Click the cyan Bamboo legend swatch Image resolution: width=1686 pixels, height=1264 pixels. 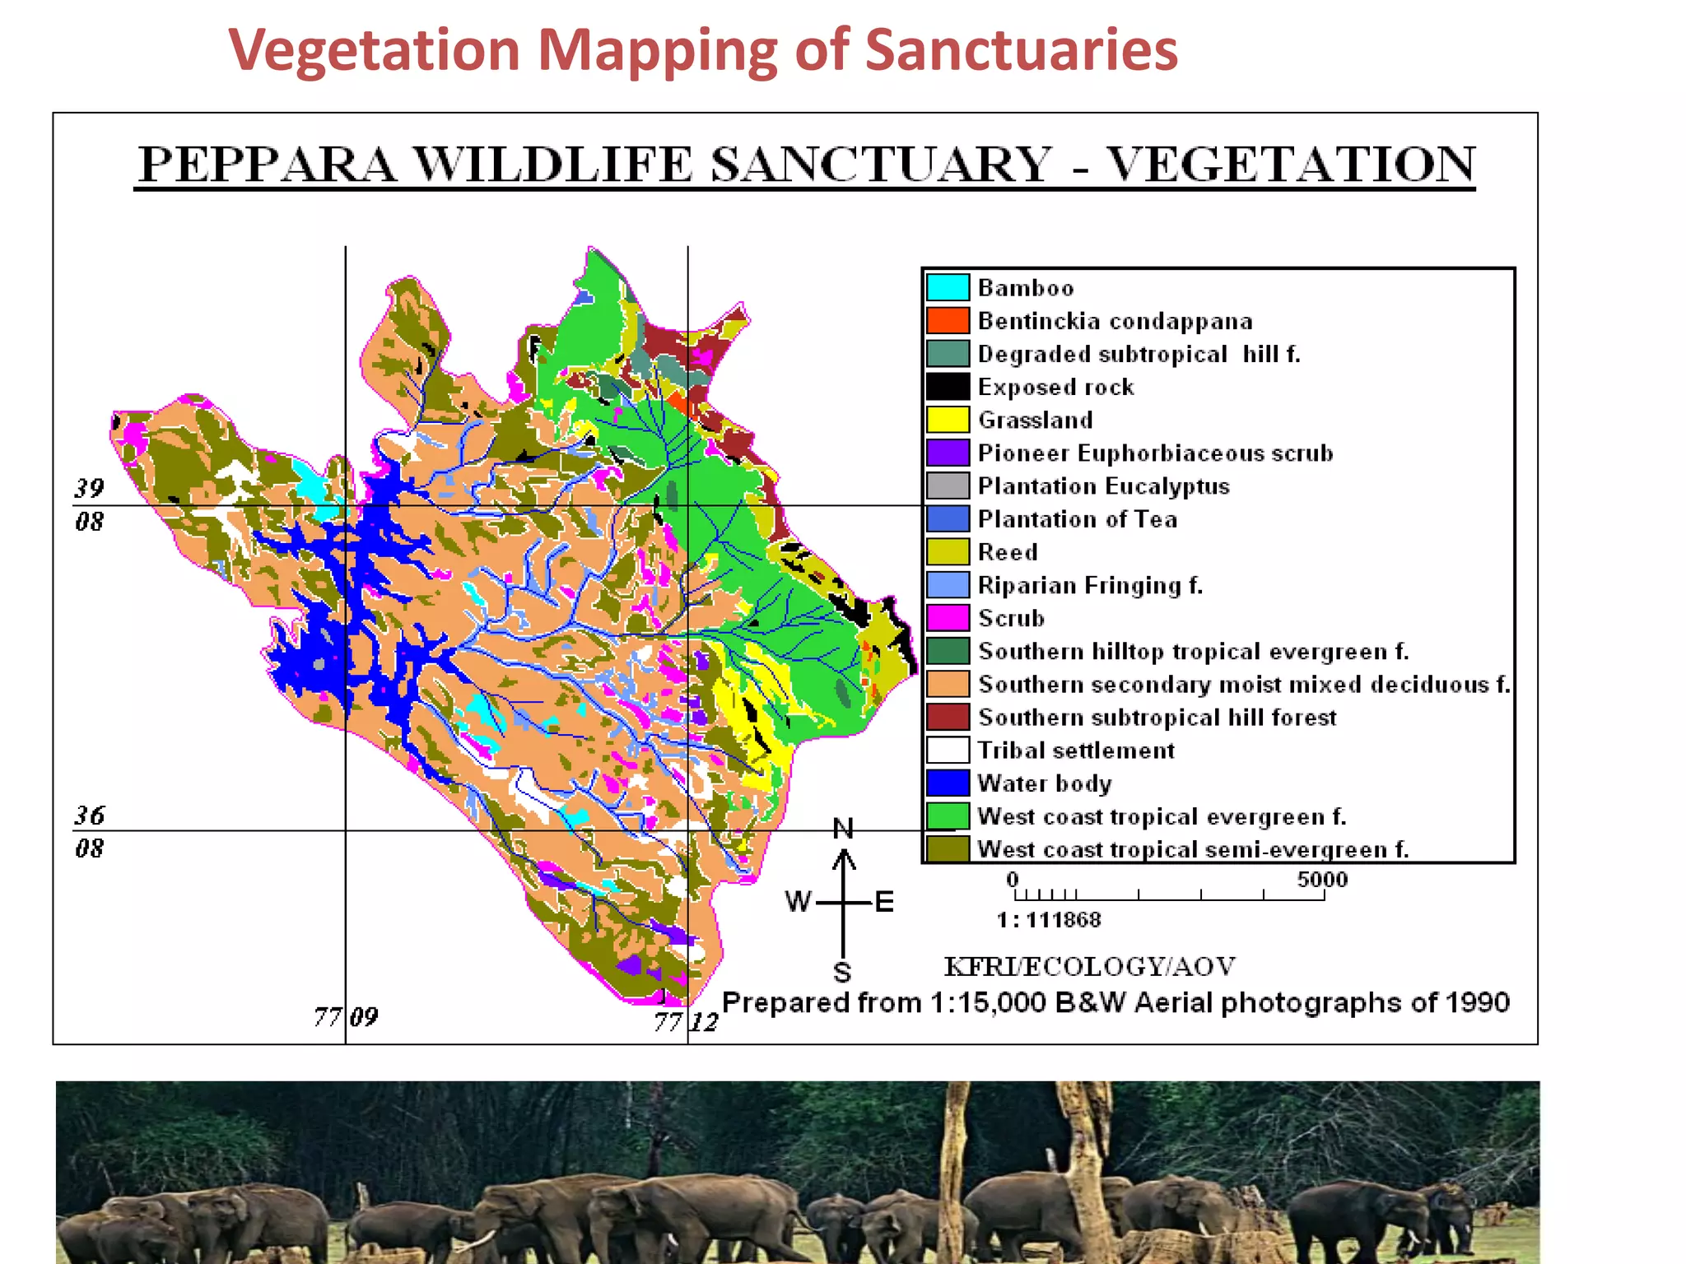point(948,287)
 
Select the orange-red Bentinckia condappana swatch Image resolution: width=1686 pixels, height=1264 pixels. point(948,320)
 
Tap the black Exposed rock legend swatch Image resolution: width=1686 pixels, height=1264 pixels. point(948,386)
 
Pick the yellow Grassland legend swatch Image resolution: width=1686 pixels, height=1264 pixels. point(948,420)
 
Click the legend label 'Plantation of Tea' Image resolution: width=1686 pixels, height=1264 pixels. point(1077,519)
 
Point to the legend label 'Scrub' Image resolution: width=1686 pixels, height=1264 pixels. point(1011,618)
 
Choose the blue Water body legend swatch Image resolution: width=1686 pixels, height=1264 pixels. point(948,783)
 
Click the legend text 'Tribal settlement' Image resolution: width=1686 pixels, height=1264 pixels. point(1076,750)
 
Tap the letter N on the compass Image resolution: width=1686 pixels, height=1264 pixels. point(843,829)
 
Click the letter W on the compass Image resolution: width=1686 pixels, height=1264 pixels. point(798,902)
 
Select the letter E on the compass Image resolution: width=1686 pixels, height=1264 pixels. point(884,902)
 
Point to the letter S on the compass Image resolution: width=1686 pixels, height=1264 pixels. point(842,973)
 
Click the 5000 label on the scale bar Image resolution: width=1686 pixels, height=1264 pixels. point(1322,879)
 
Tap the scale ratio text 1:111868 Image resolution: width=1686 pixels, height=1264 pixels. point(1049,919)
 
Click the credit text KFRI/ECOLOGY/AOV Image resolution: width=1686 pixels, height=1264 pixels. point(1089,966)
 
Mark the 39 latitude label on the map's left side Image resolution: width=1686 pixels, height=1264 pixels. point(90,489)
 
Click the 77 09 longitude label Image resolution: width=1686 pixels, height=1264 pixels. point(347,1018)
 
